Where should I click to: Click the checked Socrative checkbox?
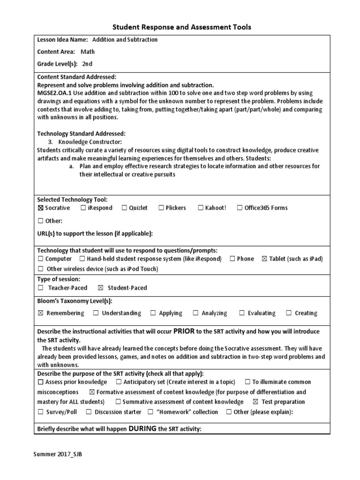[40, 208]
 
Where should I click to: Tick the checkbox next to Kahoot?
[201, 208]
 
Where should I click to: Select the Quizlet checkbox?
[125, 208]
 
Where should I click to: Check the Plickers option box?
[161, 208]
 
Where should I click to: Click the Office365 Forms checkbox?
[240, 208]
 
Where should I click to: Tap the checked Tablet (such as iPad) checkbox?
[265, 259]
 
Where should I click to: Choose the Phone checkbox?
[232, 259]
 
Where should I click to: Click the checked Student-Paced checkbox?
[100, 288]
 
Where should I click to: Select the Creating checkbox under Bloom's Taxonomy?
[289, 313]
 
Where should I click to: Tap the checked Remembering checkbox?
[40, 313]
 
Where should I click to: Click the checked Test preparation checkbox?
[255, 402]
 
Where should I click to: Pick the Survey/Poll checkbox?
[40, 412]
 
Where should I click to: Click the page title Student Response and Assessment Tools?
[182, 27]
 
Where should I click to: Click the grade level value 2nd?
[87, 64]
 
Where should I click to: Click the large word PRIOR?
[184, 331]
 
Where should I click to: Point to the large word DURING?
[143, 428]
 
